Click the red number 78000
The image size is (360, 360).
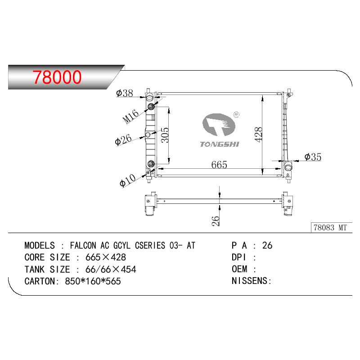57,77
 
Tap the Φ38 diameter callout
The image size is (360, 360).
125,93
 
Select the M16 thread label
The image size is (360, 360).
130,116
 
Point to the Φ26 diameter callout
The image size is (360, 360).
123,139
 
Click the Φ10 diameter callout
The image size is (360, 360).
128,180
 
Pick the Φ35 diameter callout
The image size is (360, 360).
313,157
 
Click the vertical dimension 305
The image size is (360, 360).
165,135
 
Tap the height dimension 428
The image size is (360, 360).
258,135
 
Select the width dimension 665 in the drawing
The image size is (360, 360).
219,165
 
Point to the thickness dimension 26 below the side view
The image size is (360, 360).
216,221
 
